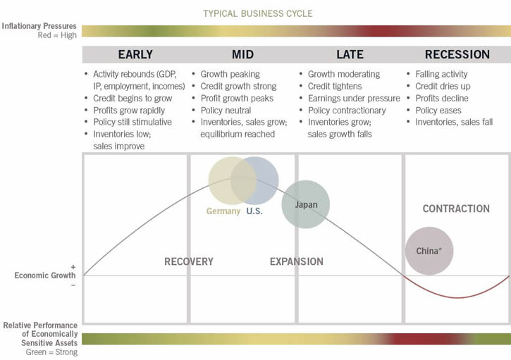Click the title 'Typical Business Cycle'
tap(257, 13)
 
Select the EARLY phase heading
tap(135, 54)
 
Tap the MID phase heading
tap(242, 54)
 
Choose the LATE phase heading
tap(350, 54)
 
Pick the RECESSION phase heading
tap(457, 54)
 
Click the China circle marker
tap(429, 251)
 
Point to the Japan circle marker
tap(306, 204)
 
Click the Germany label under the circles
tap(223, 211)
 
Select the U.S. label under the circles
tap(254, 211)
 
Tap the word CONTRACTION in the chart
tap(456, 209)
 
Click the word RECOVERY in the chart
tap(189, 261)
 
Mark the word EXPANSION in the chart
tap(297, 261)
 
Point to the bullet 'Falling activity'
tap(441, 74)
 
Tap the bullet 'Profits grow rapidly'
tap(129, 110)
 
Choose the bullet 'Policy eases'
tap(438, 110)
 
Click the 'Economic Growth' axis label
tap(45, 275)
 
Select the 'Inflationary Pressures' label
tap(39, 26)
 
